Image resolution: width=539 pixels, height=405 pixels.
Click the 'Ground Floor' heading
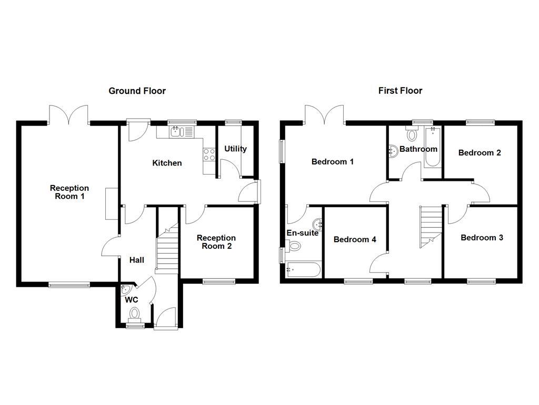pyautogui.click(x=137, y=91)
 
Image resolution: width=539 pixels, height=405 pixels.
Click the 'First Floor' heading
pyautogui.click(x=400, y=91)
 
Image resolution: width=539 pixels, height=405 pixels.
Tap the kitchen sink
pyautogui.click(x=182, y=132)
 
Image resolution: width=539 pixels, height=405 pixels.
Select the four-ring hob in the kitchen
pyautogui.click(x=209, y=155)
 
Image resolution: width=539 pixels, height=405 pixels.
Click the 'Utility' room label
pyautogui.click(x=235, y=149)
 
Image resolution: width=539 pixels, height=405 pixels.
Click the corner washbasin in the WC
pyautogui.click(x=125, y=290)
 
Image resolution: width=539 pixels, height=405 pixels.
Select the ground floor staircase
pyautogui.click(x=168, y=248)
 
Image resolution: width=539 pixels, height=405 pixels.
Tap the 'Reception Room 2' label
pyautogui.click(x=216, y=242)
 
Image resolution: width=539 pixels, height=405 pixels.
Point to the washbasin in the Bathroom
pyautogui.click(x=393, y=151)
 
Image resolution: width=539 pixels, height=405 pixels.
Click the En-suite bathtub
pyautogui.click(x=303, y=270)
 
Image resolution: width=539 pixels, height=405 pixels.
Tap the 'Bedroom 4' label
pyautogui.click(x=355, y=239)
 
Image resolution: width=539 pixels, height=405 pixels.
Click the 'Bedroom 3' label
pyautogui.click(x=482, y=238)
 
